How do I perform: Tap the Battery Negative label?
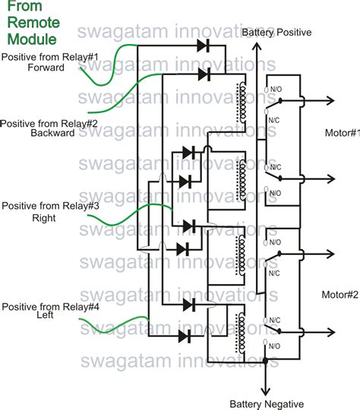267,403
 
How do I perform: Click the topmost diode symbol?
203,46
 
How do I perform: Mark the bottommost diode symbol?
186,336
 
